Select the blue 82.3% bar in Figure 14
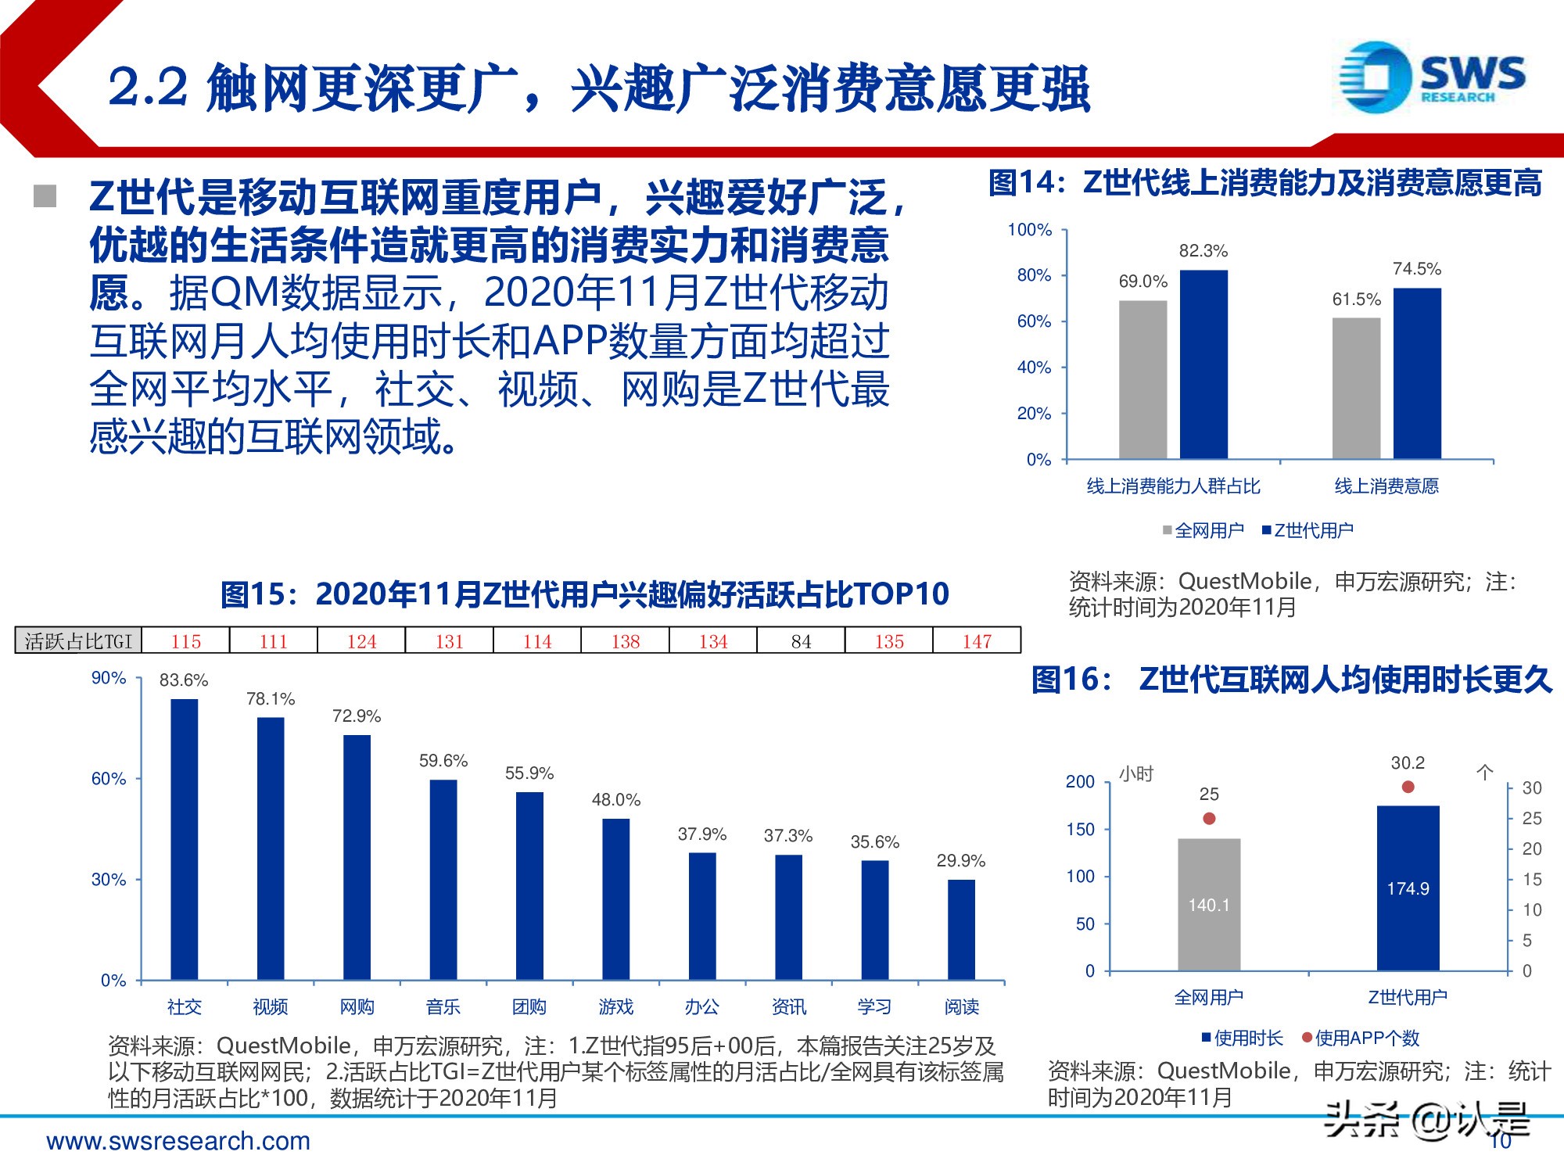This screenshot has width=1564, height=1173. [x=1203, y=364]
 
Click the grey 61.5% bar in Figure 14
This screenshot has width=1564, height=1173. [x=1356, y=388]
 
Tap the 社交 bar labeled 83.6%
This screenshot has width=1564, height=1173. [x=185, y=839]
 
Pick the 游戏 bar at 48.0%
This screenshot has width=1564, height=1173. [x=615, y=899]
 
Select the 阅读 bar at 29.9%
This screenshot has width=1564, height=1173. [x=961, y=930]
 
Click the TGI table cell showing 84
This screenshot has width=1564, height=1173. [x=801, y=641]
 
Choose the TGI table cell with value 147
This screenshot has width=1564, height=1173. [x=977, y=641]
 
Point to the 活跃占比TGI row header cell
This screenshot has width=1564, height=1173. [x=78, y=641]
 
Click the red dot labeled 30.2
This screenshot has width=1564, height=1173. [x=1408, y=787]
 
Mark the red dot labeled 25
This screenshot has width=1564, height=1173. [x=1209, y=818]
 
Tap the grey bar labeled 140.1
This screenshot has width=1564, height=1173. [x=1209, y=905]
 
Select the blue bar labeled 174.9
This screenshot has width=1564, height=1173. [x=1408, y=888]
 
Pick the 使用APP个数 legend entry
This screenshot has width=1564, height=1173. [x=1360, y=1038]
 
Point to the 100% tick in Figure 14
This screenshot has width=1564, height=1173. [x=1030, y=230]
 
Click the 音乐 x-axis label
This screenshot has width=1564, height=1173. [x=443, y=1006]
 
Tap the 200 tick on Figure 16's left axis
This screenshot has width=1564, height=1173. [x=1080, y=781]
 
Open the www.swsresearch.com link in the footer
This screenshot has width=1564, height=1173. [x=178, y=1141]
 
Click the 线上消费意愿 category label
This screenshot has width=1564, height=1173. [x=1386, y=486]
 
